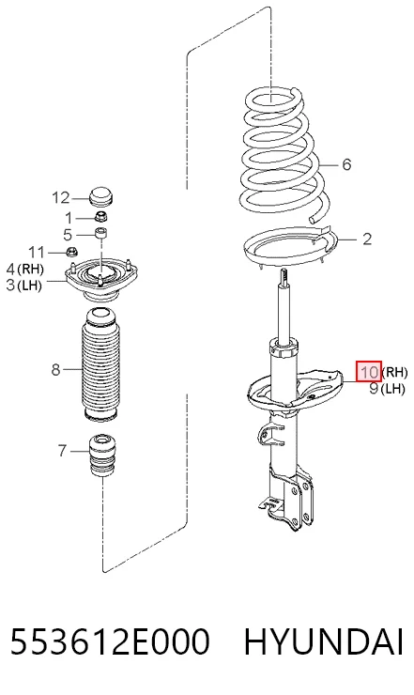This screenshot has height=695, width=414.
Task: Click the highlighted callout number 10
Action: coord(369,371)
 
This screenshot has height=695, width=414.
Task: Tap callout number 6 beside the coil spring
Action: coord(346,164)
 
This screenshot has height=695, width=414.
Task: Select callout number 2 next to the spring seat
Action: coord(366,239)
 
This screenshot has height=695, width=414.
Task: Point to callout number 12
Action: coord(61,197)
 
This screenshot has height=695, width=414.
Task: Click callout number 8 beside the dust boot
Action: coord(55,369)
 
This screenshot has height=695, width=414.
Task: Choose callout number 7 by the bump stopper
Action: coord(62,451)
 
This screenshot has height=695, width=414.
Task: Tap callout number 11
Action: coord(37,253)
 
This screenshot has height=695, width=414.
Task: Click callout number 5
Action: coord(68,234)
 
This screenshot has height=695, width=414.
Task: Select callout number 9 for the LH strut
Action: coord(375,388)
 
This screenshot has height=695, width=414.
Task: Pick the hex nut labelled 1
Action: coord(102,217)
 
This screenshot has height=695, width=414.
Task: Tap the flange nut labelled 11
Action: coord(71,252)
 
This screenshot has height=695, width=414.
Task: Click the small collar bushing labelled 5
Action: coord(102,232)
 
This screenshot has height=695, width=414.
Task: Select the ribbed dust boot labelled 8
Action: coord(100,365)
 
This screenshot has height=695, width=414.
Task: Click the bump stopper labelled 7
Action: coord(102,456)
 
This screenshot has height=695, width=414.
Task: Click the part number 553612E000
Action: coord(109,641)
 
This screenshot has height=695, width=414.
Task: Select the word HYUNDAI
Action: coord(324,641)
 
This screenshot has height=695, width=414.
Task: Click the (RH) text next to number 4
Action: coord(31,269)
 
